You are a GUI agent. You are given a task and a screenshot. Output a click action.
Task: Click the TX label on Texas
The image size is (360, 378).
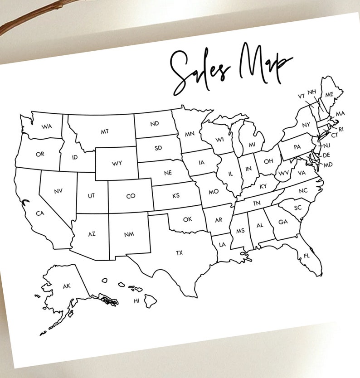179,253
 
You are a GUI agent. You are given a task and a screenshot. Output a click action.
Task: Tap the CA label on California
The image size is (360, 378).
40,213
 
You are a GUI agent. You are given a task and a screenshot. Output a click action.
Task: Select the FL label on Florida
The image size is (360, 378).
306,256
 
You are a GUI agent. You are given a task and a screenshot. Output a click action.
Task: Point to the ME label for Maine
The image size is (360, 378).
329,94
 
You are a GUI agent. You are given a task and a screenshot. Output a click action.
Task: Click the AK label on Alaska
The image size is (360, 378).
67,286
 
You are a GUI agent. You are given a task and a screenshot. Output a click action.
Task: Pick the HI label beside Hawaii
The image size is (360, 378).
136,301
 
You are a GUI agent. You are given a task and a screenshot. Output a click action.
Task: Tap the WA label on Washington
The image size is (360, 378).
46,126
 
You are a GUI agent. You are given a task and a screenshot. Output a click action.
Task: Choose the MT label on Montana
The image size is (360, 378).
105,131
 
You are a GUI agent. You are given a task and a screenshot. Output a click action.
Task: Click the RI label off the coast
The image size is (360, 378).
341,129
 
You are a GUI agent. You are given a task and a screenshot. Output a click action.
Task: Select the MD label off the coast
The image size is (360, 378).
328,164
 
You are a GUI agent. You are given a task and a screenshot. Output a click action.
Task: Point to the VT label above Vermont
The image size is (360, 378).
301,96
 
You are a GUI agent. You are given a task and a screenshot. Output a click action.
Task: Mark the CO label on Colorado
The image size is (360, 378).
131,196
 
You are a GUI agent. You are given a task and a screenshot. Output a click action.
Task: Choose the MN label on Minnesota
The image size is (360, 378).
190,135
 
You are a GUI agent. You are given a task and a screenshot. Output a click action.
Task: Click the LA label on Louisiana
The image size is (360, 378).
222,245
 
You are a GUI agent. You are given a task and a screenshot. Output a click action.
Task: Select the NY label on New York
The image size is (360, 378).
306,125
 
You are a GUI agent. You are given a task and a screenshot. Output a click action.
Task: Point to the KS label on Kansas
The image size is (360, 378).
176,196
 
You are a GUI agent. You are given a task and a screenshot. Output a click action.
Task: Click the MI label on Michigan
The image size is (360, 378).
252,145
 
